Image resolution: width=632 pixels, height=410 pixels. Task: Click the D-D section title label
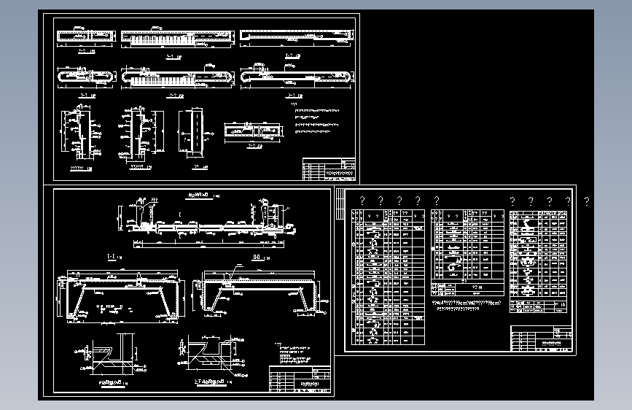[256, 258]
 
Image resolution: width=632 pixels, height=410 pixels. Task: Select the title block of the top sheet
[329, 169]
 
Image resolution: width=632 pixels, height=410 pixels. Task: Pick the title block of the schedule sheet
[539, 341]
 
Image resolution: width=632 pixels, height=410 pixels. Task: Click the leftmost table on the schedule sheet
[388, 276]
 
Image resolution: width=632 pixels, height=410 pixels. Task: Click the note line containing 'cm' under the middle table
[467, 303]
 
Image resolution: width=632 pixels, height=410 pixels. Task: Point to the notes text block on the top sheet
[318, 120]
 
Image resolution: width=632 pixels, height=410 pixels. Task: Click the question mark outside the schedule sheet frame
[587, 200]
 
